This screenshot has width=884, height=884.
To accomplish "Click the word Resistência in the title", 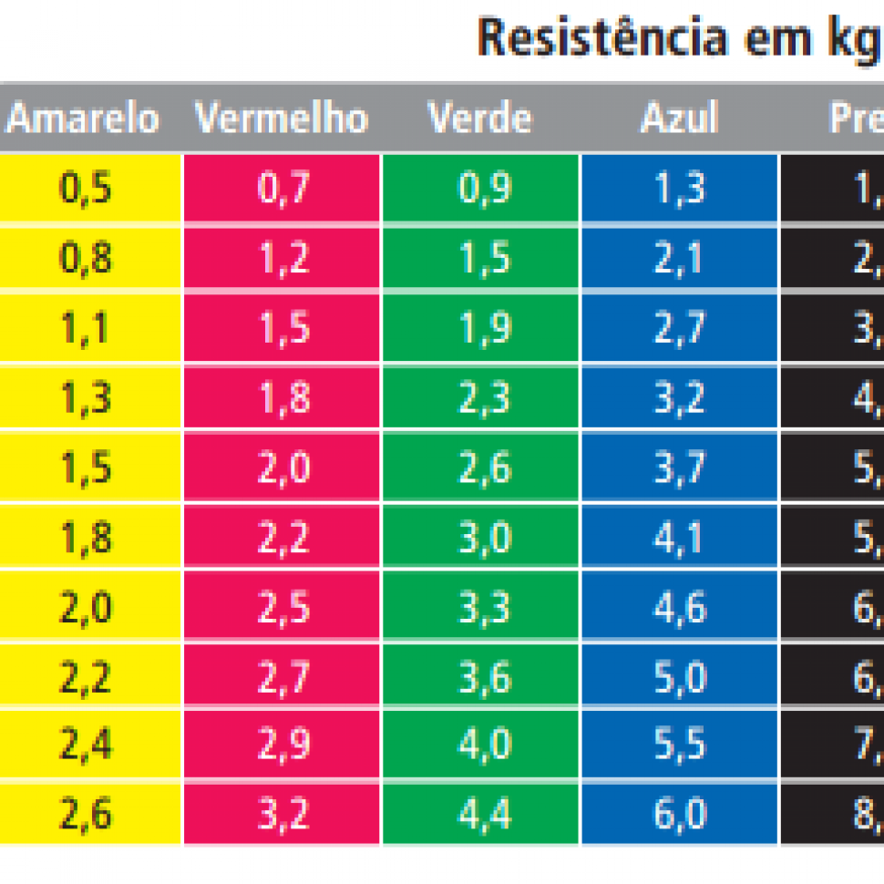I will point(602,38).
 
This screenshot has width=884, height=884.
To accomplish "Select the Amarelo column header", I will point(83,118).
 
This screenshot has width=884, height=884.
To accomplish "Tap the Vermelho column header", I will point(282,118).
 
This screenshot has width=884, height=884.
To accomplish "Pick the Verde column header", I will point(480,118).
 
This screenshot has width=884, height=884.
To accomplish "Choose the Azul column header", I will point(679,118).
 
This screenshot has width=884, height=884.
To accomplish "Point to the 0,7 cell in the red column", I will point(283,189).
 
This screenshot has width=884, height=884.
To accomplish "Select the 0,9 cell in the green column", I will point(481,189).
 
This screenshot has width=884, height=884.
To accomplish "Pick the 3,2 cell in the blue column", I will point(679,398).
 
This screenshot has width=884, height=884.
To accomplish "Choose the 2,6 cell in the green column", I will point(481,468).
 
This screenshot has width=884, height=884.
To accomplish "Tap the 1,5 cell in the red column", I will point(283,329).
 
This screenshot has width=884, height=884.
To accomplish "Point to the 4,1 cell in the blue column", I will point(679,538).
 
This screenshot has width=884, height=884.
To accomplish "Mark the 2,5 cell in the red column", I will point(283,607).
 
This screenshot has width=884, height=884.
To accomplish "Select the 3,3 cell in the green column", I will point(481,607).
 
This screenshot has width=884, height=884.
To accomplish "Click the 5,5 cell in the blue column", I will point(679,745).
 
